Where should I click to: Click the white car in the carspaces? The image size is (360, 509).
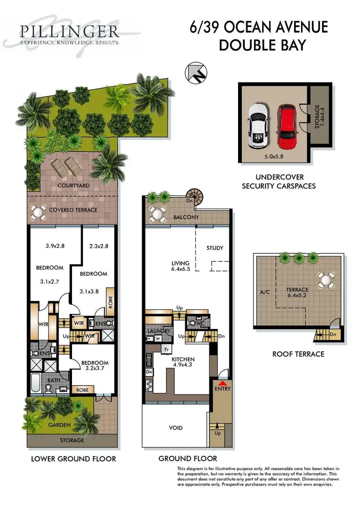(258, 127)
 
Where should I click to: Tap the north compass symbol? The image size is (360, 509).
(195, 73)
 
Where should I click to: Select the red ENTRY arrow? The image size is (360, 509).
(222, 382)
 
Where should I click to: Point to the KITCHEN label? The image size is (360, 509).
(183, 359)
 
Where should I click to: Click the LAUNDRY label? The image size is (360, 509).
(160, 331)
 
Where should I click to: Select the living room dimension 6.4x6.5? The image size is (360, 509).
(180, 270)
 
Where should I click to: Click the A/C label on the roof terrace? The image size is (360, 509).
(264, 291)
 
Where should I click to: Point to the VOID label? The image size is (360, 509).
(176, 427)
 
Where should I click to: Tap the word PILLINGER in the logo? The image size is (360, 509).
(70, 32)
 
